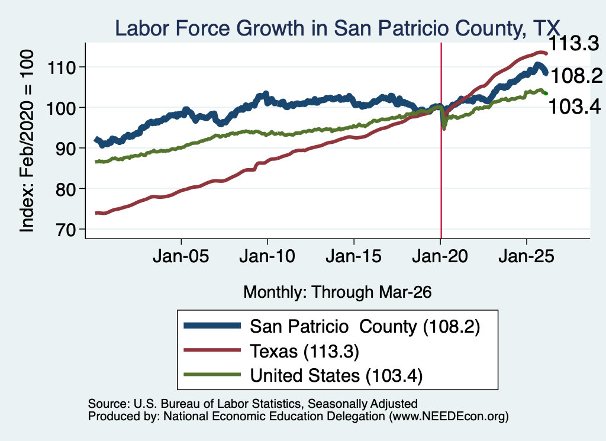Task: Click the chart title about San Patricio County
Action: [337, 28]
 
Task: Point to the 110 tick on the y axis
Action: [61, 67]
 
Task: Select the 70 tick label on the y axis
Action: [65, 230]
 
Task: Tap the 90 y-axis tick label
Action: [65, 149]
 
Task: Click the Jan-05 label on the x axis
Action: [181, 256]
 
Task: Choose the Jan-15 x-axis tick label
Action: [354, 256]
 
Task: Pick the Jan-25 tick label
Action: [526, 256]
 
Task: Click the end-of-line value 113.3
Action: [573, 43]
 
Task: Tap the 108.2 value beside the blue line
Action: [576, 76]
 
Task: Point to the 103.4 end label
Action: [575, 107]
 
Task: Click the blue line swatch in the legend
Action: [212, 326]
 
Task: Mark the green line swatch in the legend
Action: [212, 375]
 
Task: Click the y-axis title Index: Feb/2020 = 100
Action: [27, 141]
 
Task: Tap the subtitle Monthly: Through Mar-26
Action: [337, 292]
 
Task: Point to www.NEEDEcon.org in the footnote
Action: [449, 416]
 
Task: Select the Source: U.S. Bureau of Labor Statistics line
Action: [253, 404]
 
